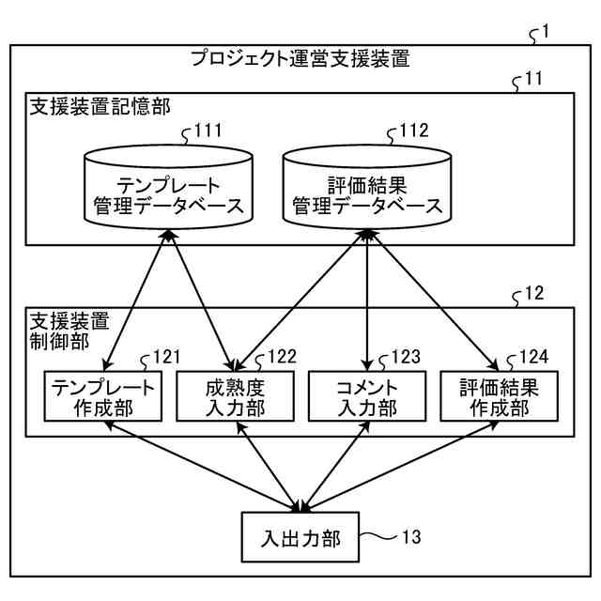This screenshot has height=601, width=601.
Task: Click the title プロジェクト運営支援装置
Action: pos(300,58)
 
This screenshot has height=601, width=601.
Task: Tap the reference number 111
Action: pos(208,131)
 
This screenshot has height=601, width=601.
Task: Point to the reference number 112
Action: pos(414,131)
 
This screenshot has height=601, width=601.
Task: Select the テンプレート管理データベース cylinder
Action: pos(168,187)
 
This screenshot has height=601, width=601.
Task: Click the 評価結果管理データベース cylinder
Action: pos(367,187)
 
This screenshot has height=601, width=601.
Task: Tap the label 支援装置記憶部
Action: pos(100,106)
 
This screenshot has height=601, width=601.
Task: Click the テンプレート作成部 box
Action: pos(102,396)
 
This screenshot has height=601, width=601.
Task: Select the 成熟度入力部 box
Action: pos(235,396)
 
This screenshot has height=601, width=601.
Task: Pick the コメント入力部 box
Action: pos(367,396)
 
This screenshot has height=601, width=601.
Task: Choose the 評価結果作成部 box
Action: pos(499,396)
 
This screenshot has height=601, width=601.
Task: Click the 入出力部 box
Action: pos(300,537)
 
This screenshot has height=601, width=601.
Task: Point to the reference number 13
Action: pos(411,536)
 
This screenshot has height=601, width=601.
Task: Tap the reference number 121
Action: pos(167,357)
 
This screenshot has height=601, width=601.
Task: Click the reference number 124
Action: pos(533,357)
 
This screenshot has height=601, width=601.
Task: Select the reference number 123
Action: pos(406,357)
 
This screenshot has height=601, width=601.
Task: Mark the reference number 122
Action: pos(282,357)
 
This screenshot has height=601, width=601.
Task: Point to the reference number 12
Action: pos(534,293)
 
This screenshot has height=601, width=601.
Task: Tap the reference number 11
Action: pos(533,79)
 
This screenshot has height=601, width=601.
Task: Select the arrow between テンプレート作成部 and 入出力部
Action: pos(203,467)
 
